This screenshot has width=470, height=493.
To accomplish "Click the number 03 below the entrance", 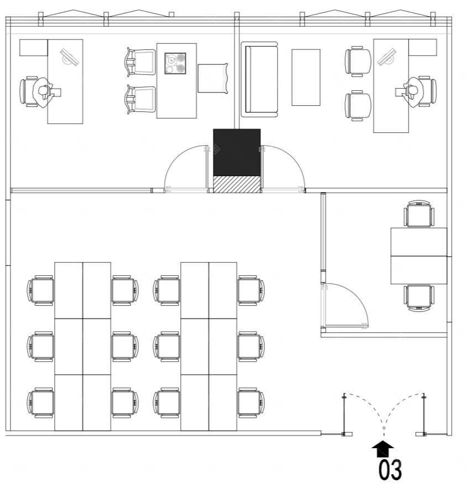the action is (390, 470).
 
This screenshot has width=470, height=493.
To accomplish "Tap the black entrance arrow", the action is (383, 449).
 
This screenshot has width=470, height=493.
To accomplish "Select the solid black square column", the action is (237, 152).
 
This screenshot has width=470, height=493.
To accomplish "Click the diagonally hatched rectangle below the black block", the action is (237, 184).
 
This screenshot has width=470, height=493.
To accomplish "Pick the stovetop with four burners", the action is (175, 63).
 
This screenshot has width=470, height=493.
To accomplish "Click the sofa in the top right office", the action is (259, 79).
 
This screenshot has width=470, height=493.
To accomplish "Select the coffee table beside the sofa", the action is (306, 77).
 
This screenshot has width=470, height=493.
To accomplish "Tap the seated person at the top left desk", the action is (43, 93).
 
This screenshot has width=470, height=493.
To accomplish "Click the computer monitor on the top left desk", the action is (70, 57).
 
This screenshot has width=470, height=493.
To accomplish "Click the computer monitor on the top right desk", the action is (387, 57).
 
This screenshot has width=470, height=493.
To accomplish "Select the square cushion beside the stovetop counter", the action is (213, 78).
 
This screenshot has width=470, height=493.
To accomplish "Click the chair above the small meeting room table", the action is (419, 213).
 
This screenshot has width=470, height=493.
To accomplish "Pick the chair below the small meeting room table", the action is (419, 298).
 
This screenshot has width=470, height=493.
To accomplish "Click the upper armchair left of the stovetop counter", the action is (141, 62).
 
